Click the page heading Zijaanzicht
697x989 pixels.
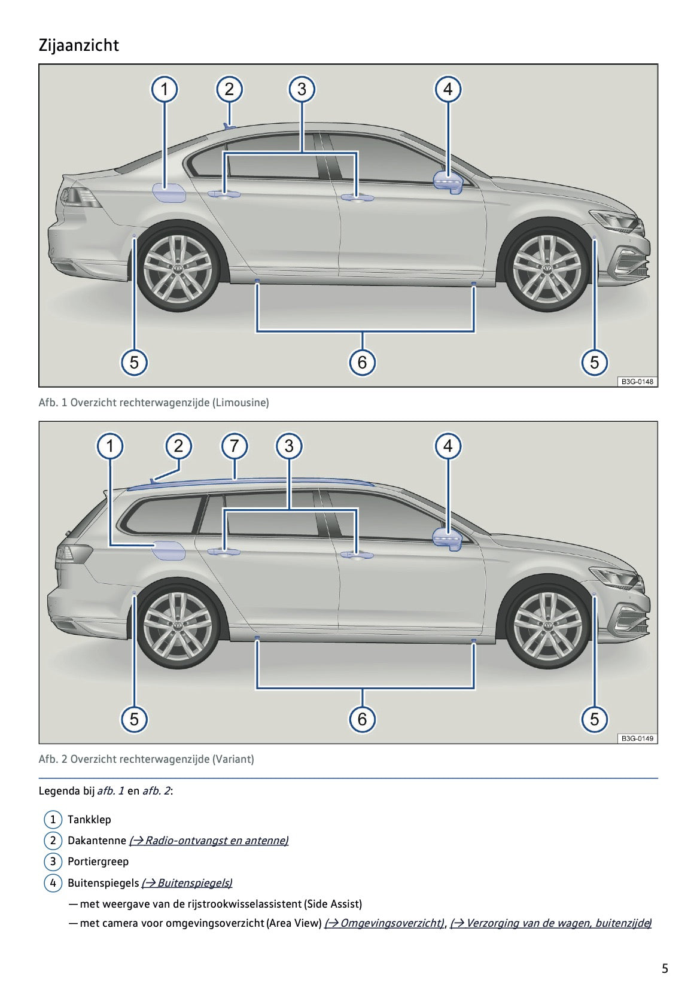point(78,45)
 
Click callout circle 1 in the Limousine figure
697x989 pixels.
point(164,90)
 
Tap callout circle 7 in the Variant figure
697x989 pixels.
point(234,446)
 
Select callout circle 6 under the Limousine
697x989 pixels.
point(362,362)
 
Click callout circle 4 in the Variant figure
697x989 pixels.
point(448,446)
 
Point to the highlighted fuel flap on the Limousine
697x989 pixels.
point(168,193)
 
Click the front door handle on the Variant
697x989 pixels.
point(357,555)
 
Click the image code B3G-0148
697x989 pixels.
point(637,381)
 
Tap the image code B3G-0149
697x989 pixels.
point(637,738)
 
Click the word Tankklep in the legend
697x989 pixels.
point(89,820)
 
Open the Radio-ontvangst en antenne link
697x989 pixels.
point(209,841)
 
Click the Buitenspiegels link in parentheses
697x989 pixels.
point(187,883)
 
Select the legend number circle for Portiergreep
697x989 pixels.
point(53,862)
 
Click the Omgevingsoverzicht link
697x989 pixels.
point(384,923)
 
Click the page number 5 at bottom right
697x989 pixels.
point(665,968)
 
